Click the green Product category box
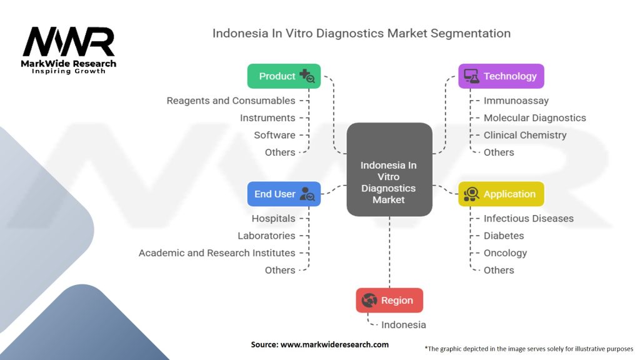click(x=284, y=76)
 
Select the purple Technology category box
click(x=501, y=76)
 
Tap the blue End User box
click(x=284, y=194)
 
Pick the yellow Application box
click(x=501, y=194)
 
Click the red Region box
click(x=389, y=301)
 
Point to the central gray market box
click(x=389, y=170)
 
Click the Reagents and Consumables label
click(x=231, y=101)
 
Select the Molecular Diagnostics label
click(x=534, y=117)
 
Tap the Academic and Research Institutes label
click(x=217, y=253)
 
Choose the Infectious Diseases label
click(x=528, y=218)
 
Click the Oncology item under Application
click(x=505, y=253)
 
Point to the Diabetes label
click(x=504, y=236)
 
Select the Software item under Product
click(x=274, y=135)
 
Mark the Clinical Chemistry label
click(x=525, y=135)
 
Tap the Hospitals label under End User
click(x=273, y=218)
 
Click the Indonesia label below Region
click(x=403, y=325)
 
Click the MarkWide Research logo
click(x=69, y=50)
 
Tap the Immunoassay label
click(x=516, y=101)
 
